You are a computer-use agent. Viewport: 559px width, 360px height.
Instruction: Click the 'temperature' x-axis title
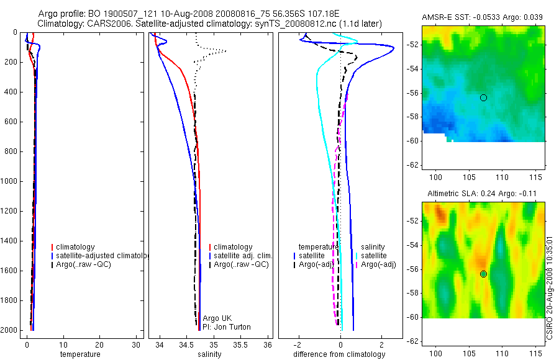(x=80, y=354)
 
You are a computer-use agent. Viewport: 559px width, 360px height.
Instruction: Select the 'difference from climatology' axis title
(x=339, y=354)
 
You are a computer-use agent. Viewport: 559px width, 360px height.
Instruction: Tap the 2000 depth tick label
(x=9, y=330)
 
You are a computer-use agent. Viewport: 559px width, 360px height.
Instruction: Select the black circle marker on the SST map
(x=483, y=97)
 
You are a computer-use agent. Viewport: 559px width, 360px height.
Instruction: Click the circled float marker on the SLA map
(x=483, y=274)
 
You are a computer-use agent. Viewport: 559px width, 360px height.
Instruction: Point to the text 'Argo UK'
(x=217, y=318)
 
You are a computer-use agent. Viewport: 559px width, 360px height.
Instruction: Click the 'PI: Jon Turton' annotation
(x=227, y=327)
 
